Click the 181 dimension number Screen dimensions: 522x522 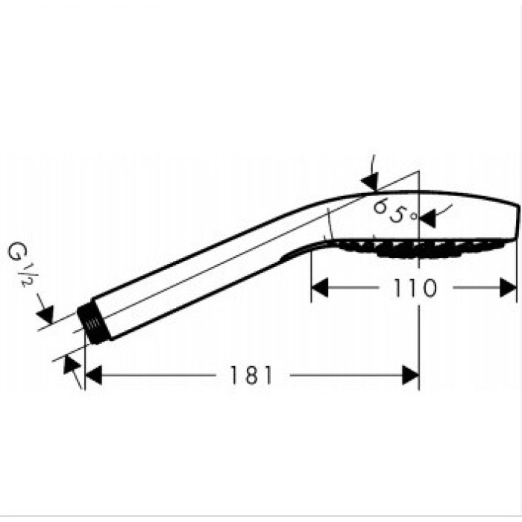pyautogui.click(x=251, y=375)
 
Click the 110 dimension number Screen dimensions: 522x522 pyautogui.click(x=415, y=288)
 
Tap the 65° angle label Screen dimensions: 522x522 pyautogui.click(x=395, y=211)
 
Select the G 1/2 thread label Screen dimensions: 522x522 pyautogui.click(x=19, y=264)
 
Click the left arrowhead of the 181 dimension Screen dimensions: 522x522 pyautogui.click(x=93, y=375)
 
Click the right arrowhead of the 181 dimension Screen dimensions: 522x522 pyautogui.click(x=410, y=375)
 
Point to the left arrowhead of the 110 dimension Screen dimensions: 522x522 pyautogui.click(x=320, y=288)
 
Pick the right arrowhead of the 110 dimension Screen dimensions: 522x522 pyautogui.click(x=508, y=288)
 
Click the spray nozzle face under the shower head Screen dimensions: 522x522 pyautogui.click(x=420, y=248)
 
